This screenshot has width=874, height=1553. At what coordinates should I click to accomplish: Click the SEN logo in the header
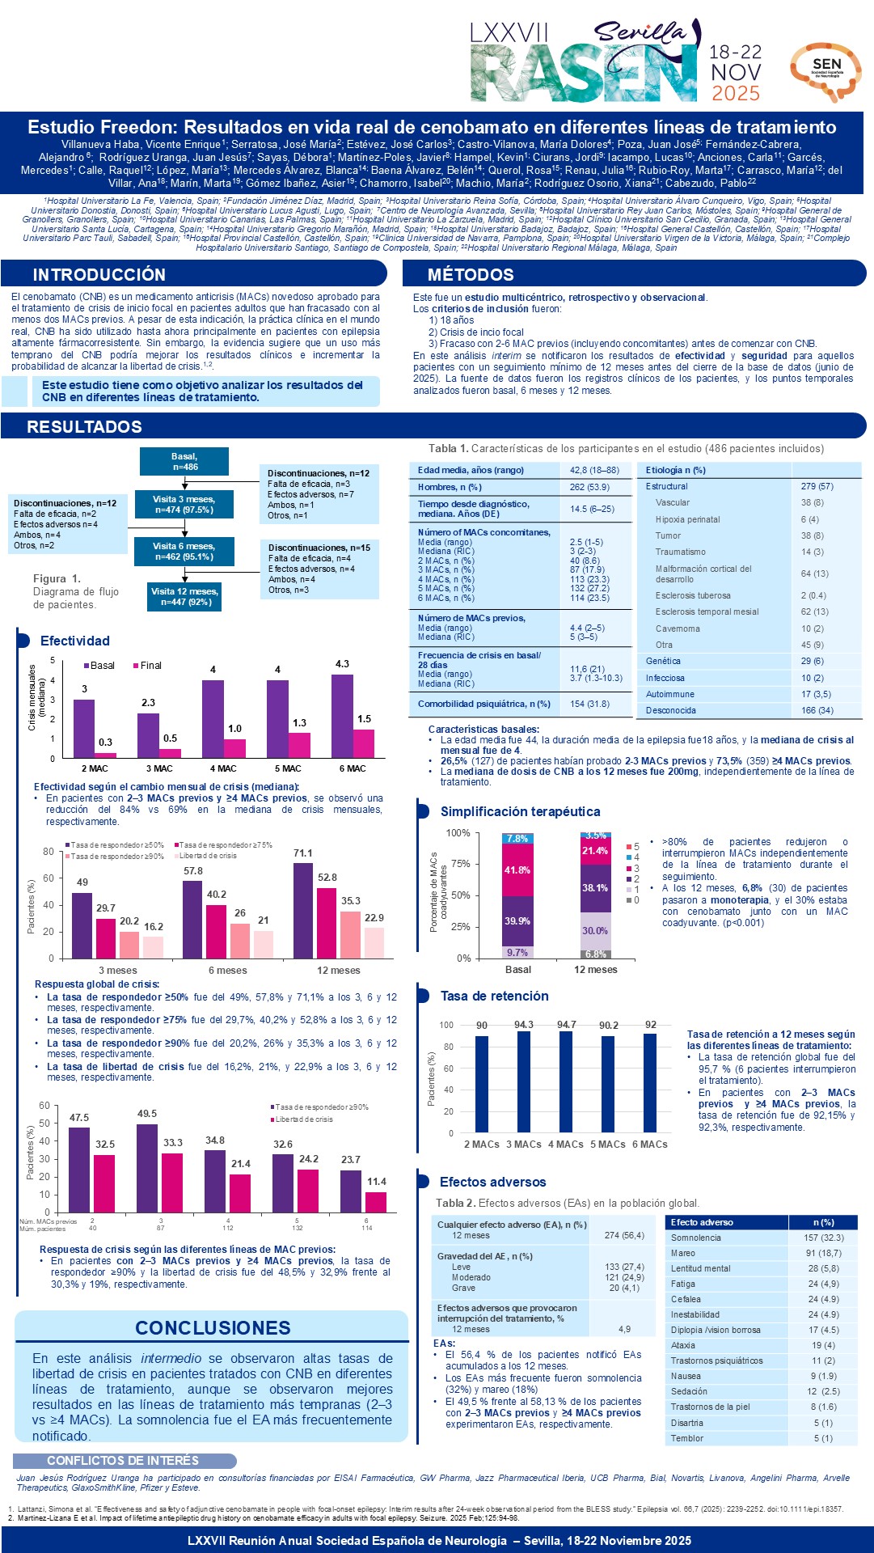tap(825, 71)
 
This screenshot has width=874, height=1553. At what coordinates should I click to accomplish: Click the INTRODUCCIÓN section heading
tap(99, 274)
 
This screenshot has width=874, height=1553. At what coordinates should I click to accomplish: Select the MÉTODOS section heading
tap(471, 274)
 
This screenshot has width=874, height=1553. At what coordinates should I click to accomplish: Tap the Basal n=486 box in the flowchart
tap(184, 461)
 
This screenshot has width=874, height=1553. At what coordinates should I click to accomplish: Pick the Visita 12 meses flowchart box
tap(184, 596)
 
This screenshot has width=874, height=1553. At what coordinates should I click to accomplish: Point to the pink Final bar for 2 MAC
tap(106, 755)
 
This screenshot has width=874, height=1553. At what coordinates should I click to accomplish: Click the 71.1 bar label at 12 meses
tap(302, 853)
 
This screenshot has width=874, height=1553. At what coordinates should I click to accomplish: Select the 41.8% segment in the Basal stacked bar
tap(517, 870)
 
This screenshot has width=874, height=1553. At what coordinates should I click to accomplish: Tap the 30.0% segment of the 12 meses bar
tap(595, 931)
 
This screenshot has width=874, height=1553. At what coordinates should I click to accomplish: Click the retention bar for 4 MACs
tap(566, 1081)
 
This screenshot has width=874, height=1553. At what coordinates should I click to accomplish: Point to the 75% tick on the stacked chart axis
tap(459, 864)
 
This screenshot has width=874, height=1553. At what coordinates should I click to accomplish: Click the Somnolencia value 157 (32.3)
tap(823, 1238)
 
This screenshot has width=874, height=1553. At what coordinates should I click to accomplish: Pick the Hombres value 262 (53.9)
tap(589, 487)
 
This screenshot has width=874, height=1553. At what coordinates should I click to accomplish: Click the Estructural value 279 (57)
tap(817, 486)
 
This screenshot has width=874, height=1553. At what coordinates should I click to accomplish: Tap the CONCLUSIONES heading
tap(213, 1327)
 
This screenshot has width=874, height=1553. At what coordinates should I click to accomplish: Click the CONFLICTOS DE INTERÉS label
tap(123, 1460)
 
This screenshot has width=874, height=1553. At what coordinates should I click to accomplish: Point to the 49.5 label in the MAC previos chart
tap(147, 1114)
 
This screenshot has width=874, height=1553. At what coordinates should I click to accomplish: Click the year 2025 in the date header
tap(736, 93)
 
